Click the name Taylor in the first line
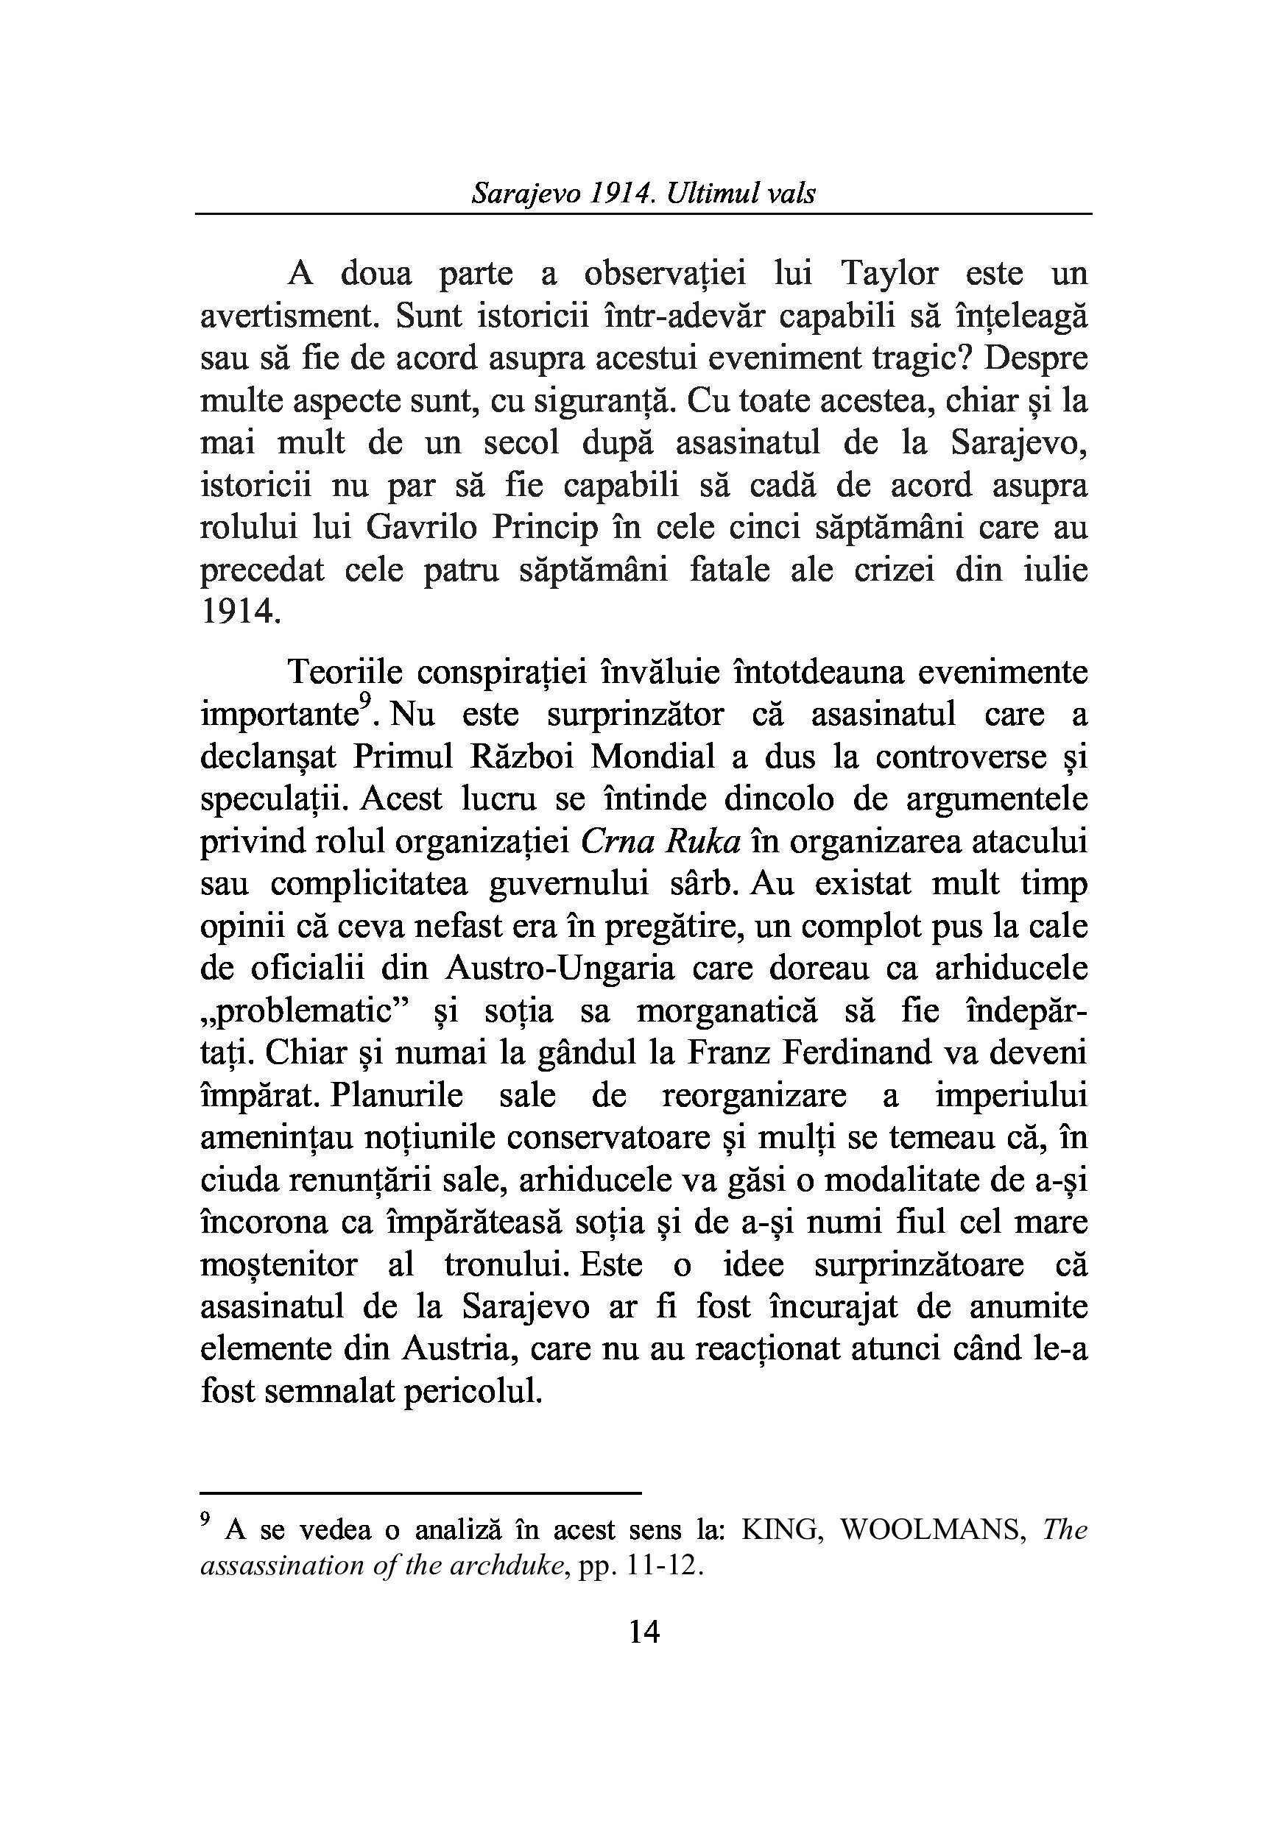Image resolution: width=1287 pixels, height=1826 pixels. tap(889, 275)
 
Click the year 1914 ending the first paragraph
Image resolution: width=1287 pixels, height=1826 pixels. tap(239, 612)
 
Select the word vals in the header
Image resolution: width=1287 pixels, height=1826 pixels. tap(792, 194)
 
